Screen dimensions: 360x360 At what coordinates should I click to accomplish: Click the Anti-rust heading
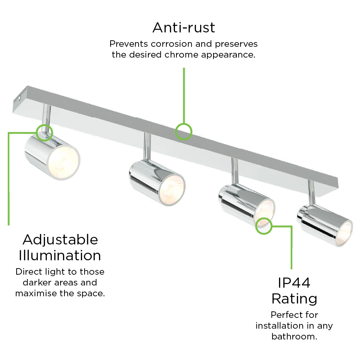[x=184, y=28]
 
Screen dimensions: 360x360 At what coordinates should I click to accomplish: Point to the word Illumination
[x=60, y=256]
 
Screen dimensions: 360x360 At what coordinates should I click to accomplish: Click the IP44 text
[x=294, y=283]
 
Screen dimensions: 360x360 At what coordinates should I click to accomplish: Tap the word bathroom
[x=294, y=337]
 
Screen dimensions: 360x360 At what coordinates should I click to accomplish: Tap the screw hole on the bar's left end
[x=19, y=98]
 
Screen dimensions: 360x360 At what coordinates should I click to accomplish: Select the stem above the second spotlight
[x=147, y=147]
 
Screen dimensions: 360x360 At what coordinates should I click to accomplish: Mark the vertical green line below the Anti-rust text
[x=184, y=95]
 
